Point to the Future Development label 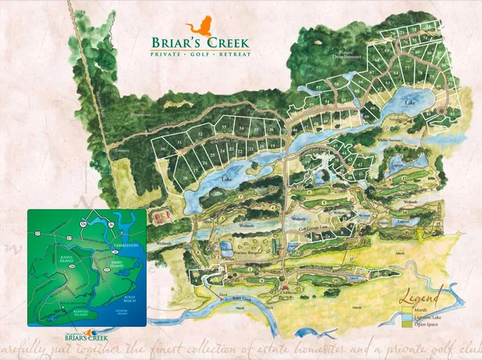(x=349, y=55)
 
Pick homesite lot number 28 (x=185, y=177)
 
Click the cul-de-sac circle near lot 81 (x=449, y=114)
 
